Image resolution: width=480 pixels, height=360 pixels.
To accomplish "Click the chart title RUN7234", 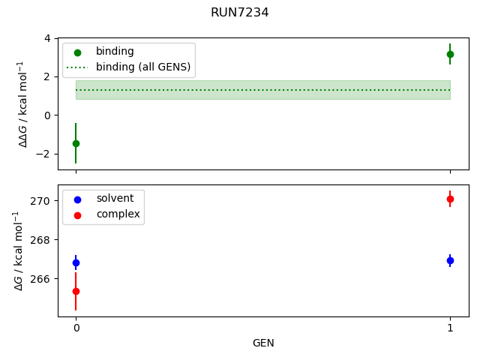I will pyautogui.click(x=240, y=13).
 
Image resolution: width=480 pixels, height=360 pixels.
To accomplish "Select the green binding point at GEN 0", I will pyautogui.click(x=76, y=143).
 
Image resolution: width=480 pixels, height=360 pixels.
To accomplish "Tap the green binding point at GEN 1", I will pyautogui.click(x=450, y=54).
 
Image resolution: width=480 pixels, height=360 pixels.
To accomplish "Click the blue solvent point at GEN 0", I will pyautogui.click(x=76, y=262).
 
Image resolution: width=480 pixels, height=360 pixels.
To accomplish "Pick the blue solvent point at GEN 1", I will pyautogui.click(x=450, y=260).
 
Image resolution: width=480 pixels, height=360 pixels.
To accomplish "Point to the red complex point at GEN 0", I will pyautogui.click(x=76, y=291).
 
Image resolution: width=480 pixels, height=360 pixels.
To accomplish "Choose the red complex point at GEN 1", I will pyautogui.click(x=450, y=199).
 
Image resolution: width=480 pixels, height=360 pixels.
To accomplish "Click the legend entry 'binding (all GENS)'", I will pyautogui.click(x=143, y=67).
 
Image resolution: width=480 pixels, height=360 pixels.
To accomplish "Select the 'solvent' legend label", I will pyautogui.click(x=115, y=199).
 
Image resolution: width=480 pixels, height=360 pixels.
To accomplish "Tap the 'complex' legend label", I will pyautogui.click(x=118, y=214).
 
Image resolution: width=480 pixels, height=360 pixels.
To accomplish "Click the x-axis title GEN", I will pyautogui.click(x=263, y=343).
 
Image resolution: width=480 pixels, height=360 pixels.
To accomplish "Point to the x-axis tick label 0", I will pyautogui.click(x=76, y=328).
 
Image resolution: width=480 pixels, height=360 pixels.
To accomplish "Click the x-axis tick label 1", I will pyautogui.click(x=450, y=328).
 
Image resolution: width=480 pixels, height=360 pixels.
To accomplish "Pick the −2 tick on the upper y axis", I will pyautogui.click(x=45, y=154).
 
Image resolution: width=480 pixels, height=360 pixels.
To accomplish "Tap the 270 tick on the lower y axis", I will pyautogui.click(x=42, y=201).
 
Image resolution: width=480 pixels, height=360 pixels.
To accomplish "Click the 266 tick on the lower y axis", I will pyautogui.click(x=42, y=279).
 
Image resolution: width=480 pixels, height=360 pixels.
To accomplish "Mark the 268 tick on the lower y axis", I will pyautogui.click(x=42, y=240).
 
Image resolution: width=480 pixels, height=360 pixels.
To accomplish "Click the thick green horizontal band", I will pyautogui.click(x=263, y=90).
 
